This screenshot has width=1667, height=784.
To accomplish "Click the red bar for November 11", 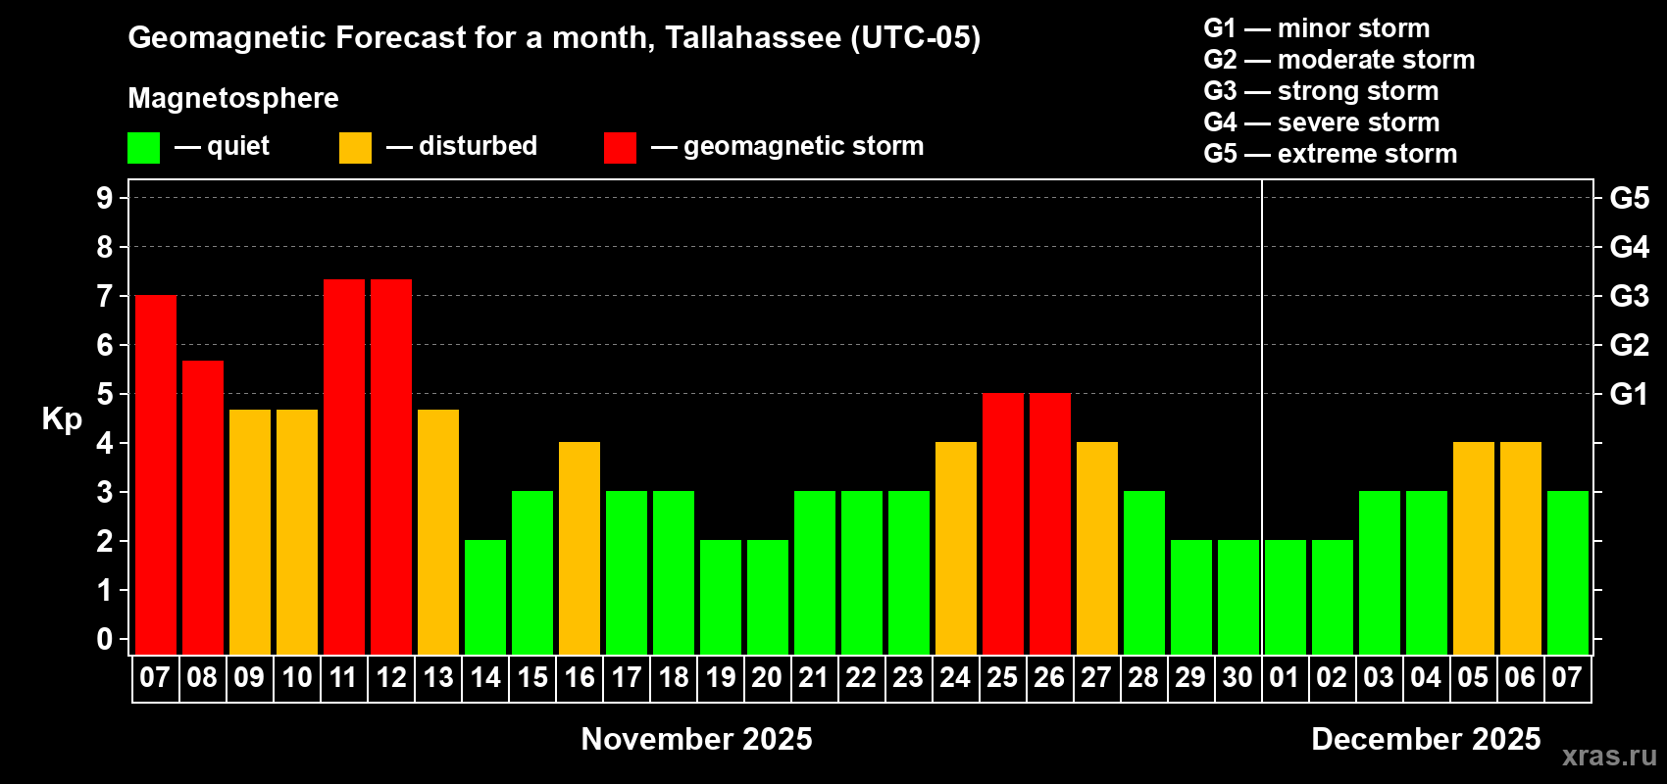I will pos(344,466).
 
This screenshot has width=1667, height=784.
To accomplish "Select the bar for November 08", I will pos(203,507).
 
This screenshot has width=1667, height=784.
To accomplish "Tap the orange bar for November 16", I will pos(580,548).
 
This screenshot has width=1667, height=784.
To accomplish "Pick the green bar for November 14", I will pos(485,597).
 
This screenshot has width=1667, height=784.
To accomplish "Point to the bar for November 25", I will pos(1003,523).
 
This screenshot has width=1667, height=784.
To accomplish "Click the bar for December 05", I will pos(1474,548).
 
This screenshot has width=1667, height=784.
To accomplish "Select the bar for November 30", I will pos(1238,597).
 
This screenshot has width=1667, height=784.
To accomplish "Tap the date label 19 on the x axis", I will pos(721,677).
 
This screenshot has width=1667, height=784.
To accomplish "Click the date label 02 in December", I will pos(1332,677).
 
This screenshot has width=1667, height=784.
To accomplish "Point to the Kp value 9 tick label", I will pos(104,198).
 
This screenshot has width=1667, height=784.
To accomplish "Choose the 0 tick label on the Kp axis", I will pos(104,639).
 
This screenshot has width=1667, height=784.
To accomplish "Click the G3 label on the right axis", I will pos(1629,296).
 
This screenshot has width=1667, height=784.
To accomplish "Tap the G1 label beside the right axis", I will pos(1629,394).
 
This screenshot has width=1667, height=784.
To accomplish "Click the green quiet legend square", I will pos(144,148).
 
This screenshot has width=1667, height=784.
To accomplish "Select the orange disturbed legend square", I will pos(355,148).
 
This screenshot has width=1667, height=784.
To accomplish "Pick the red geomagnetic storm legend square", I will pos(620,148).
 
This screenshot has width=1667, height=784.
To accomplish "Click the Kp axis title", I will pos(62,418).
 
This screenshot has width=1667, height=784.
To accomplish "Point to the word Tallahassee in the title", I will pos(752,37).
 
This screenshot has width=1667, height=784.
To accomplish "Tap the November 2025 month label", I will pos(696,739).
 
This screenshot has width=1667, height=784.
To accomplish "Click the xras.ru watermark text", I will pos(1609,756).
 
